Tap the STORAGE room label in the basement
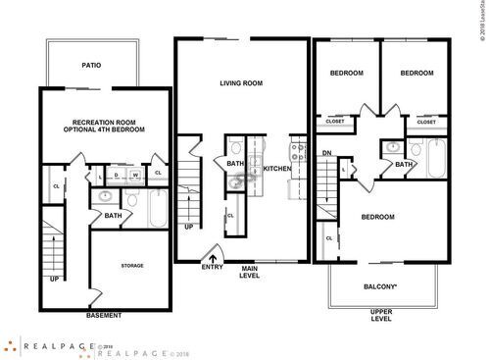(132, 265)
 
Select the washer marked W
(135, 176)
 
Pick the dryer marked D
(117, 176)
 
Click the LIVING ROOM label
(242, 83)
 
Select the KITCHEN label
(277, 169)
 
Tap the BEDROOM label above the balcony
(377, 217)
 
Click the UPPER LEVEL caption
(381, 316)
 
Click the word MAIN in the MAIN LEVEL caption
(249, 269)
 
